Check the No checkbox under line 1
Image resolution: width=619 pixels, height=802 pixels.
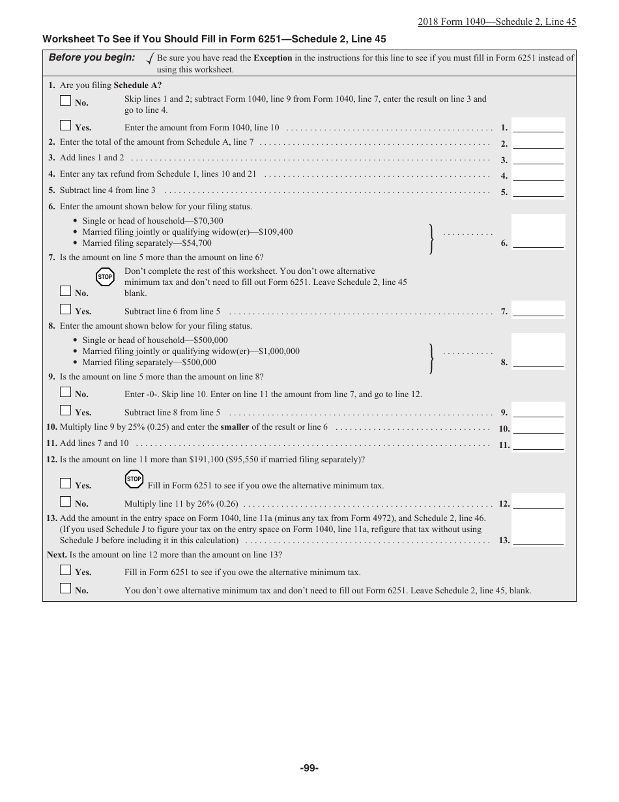(x=65, y=101)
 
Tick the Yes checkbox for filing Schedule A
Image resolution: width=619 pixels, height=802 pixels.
(x=65, y=126)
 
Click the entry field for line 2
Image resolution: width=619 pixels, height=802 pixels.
(x=538, y=143)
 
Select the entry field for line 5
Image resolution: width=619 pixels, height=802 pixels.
(x=538, y=191)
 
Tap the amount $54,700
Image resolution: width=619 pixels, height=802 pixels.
(x=197, y=243)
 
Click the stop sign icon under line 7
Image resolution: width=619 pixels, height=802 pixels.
(x=105, y=277)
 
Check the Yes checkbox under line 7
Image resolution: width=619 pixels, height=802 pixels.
(x=65, y=309)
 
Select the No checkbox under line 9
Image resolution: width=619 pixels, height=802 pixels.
(x=65, y=393)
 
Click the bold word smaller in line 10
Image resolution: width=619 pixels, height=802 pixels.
(x=235, y=427)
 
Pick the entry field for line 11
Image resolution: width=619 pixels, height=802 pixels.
(x=538, y=444)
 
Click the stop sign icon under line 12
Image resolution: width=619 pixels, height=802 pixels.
(x=134, y=479)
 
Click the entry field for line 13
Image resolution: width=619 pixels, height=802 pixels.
(x=538, y=539)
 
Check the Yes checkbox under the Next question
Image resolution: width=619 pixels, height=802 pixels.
(x=65, y=571)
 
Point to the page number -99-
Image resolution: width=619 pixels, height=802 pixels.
(x=309, y=768)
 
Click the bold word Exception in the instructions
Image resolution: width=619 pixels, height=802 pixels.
(x=272, y=57)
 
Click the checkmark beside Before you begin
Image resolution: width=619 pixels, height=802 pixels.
(x=151, y=59)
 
